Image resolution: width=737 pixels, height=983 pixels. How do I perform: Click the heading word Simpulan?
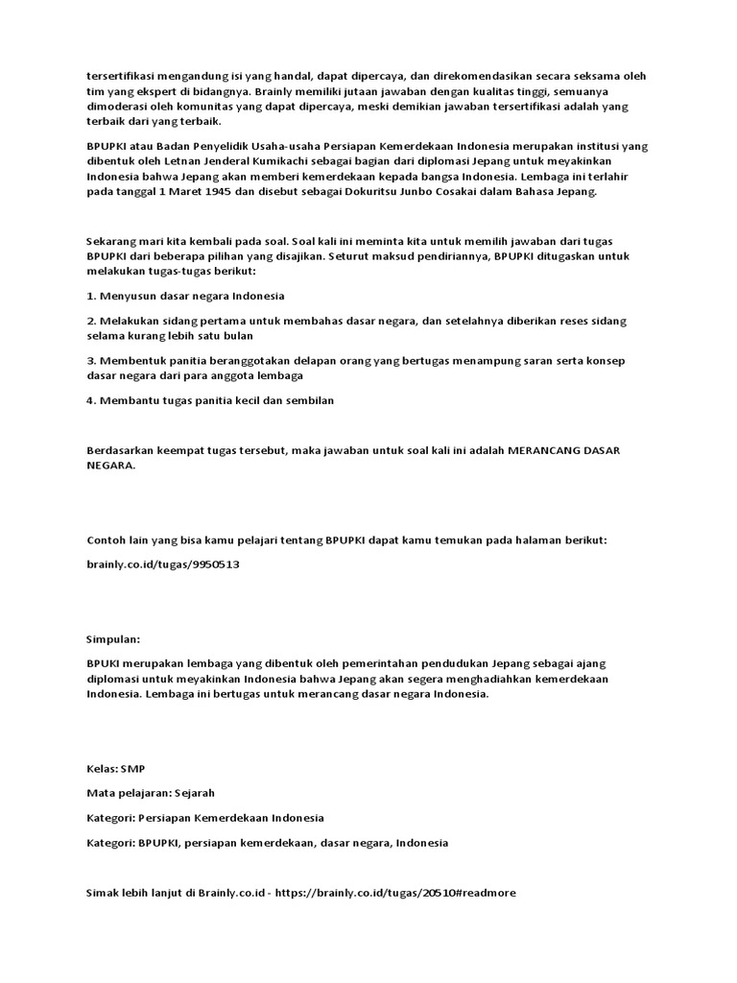click(113, 637)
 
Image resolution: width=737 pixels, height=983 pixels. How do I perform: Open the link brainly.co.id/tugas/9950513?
click(162, 564)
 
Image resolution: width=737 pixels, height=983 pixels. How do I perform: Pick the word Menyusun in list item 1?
click(125, 296)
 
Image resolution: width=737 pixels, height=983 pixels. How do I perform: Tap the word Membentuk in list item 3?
click(128, 360)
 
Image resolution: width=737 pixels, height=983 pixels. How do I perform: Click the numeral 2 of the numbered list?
click(90, 321)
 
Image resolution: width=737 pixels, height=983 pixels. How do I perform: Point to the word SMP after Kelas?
click(133, 769)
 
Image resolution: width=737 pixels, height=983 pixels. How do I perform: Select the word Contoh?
click(107, 540)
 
